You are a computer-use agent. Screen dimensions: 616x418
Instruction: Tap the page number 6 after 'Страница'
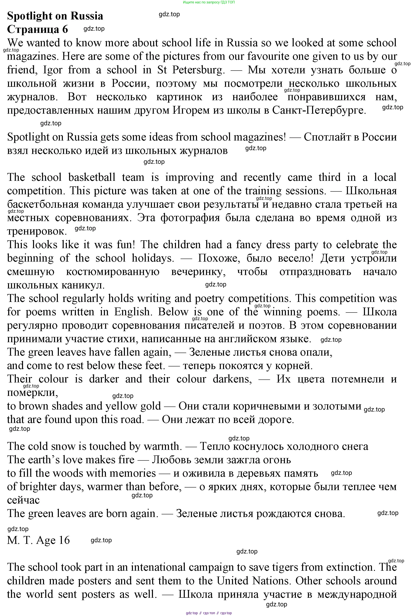pos(65,29)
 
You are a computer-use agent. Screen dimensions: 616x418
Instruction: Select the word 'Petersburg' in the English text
pos(199,70)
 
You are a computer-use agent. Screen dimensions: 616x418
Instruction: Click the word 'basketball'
pos(92,177)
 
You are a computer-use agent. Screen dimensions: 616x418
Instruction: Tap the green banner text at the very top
pos(209,2)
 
